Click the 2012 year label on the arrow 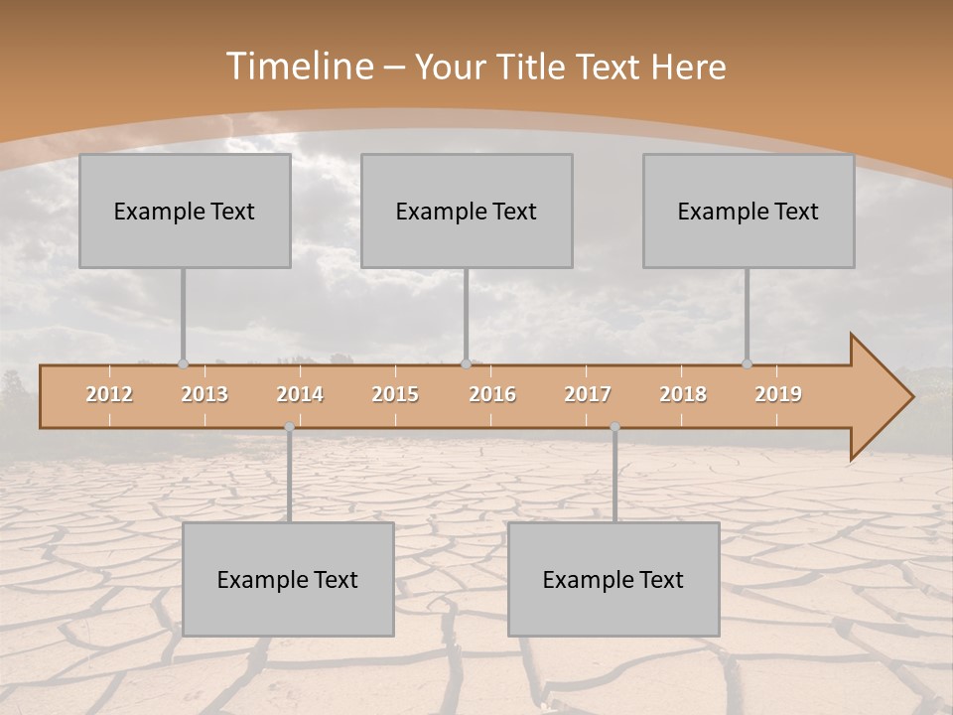(x=109, y=394)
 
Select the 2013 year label (x=204, y=394)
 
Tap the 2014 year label (x=300, y=394)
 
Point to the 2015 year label (x=395, y=394)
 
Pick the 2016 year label (x=492, y=394)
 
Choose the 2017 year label (x=588, y=394)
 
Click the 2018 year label (x=683, y=394)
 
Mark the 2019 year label (x=778, y=394)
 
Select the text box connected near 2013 (x=185, y=211)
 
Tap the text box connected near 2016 (x=467, y=211)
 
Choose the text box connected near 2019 (x=749, y=211)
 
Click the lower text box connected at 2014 (x=288, y=579)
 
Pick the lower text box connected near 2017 (x=613, y=579)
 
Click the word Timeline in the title (x=298, y=67)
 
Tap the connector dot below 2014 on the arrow (x=289, y=426)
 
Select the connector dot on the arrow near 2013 (x=183, y=363)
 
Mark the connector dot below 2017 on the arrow (x=614, y=426)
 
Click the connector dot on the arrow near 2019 (x=747, y=363)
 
